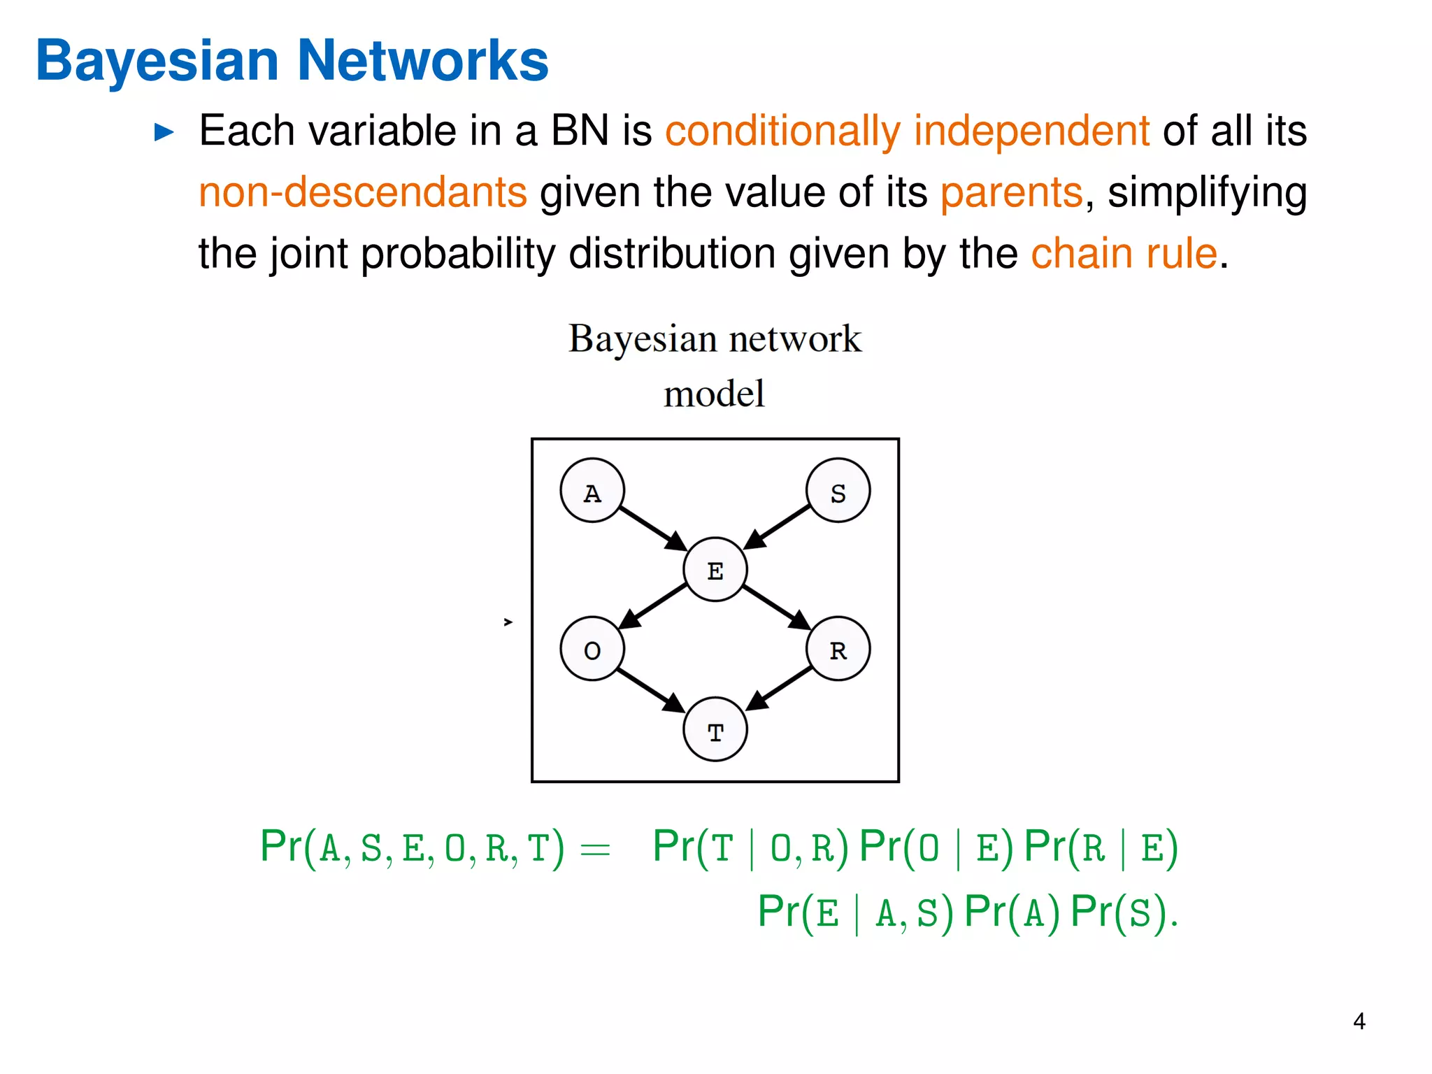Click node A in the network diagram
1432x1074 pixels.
click(x=592, y=491)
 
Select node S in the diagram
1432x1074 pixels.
click(x=838, y=491)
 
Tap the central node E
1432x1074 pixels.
click(x=715, y=570)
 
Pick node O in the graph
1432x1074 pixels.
click(x=592, y=649)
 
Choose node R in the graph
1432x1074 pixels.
click(x=838, y=649)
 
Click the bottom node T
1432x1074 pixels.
click(x=715, y=729)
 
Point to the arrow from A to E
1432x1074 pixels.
click(x=652, y=529)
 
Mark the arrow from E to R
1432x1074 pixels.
click(x=776, y=607)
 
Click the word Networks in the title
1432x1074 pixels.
click(x=423, y=62)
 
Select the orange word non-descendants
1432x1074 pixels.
click(x=362, y=192)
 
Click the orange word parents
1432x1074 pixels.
click(x=1011, y=192)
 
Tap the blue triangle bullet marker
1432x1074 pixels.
click(x=164, y=131)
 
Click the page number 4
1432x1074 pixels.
click(x=1359, y=1022)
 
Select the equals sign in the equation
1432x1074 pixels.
click(x=595, y=850)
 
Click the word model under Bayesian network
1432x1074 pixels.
click(x=714, y=394)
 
